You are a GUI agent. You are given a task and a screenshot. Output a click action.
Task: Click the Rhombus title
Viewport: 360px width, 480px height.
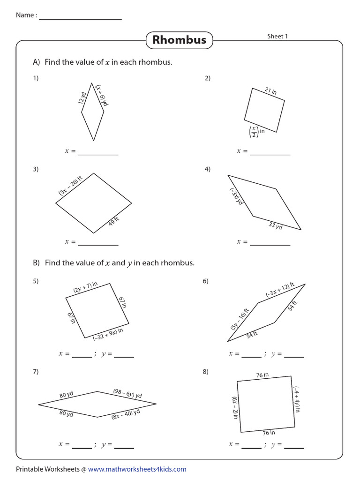coord(179,40)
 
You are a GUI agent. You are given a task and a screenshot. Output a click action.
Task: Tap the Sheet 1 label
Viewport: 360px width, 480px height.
coord(277,37)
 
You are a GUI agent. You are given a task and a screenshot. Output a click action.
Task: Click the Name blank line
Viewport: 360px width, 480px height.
coord(80,18)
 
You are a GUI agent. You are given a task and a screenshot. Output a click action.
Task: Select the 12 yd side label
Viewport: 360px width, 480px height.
coord(83,97)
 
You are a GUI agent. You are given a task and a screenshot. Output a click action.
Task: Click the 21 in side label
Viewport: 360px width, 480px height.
coord(270,91)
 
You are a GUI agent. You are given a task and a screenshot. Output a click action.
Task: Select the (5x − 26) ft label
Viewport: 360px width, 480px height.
coord(70,185)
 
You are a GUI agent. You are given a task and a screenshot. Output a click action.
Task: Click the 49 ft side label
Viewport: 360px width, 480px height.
coord(114,221)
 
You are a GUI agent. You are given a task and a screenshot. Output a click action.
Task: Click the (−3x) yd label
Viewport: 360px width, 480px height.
coord(235,196)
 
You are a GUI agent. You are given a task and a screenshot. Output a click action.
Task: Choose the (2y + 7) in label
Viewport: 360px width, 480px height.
coord(85,287)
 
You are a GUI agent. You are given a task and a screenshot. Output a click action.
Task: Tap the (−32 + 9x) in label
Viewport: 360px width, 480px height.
coord(108,334)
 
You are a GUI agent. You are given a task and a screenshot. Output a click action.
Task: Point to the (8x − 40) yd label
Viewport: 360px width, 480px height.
coord(126,414)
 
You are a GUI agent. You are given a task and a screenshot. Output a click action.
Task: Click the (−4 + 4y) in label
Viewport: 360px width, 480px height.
coord(297,399)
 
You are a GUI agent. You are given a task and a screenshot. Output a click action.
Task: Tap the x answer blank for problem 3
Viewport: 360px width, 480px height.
coord(98,244)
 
